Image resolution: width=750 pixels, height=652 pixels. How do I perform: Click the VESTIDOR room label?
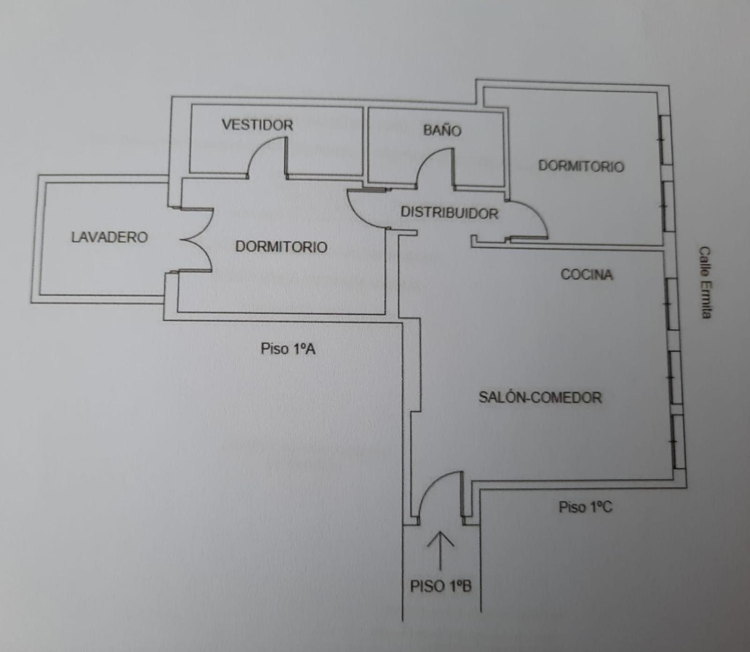tap(257, 125)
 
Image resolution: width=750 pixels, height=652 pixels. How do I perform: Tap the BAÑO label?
tap(442, 130)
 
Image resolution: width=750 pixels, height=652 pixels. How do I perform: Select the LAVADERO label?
tap(109, 237)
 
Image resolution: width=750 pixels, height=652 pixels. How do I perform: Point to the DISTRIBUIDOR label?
tap(449, 213)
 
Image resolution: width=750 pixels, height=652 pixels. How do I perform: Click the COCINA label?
tap(587, 274)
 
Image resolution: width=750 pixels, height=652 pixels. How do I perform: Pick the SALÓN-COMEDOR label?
tap(540, 397)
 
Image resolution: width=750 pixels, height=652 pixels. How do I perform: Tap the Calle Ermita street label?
tap(705, 283)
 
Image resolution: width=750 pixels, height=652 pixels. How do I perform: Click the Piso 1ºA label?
tap(288, 348)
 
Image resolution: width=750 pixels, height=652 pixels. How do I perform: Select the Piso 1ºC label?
tap(585, 507)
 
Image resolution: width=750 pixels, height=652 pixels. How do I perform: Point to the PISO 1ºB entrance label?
tap(441, 586)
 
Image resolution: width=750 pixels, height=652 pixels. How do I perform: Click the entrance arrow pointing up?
tap(440, 550)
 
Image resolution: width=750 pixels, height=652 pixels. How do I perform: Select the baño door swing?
tap(427, 158)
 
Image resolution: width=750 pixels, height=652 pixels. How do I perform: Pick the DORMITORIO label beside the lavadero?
tap(281, 246)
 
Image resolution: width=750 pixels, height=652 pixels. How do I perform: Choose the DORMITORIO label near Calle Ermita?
tap(581, 166)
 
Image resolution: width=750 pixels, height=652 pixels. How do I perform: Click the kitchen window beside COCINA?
tap(673, 304)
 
